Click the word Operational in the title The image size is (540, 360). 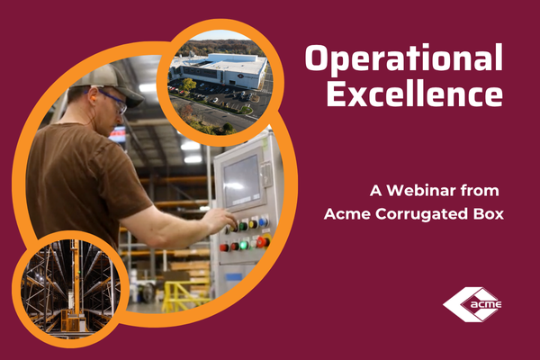click(402, 60)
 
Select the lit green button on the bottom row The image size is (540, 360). click(244, 244)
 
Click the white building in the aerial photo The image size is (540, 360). click(221, 70)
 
